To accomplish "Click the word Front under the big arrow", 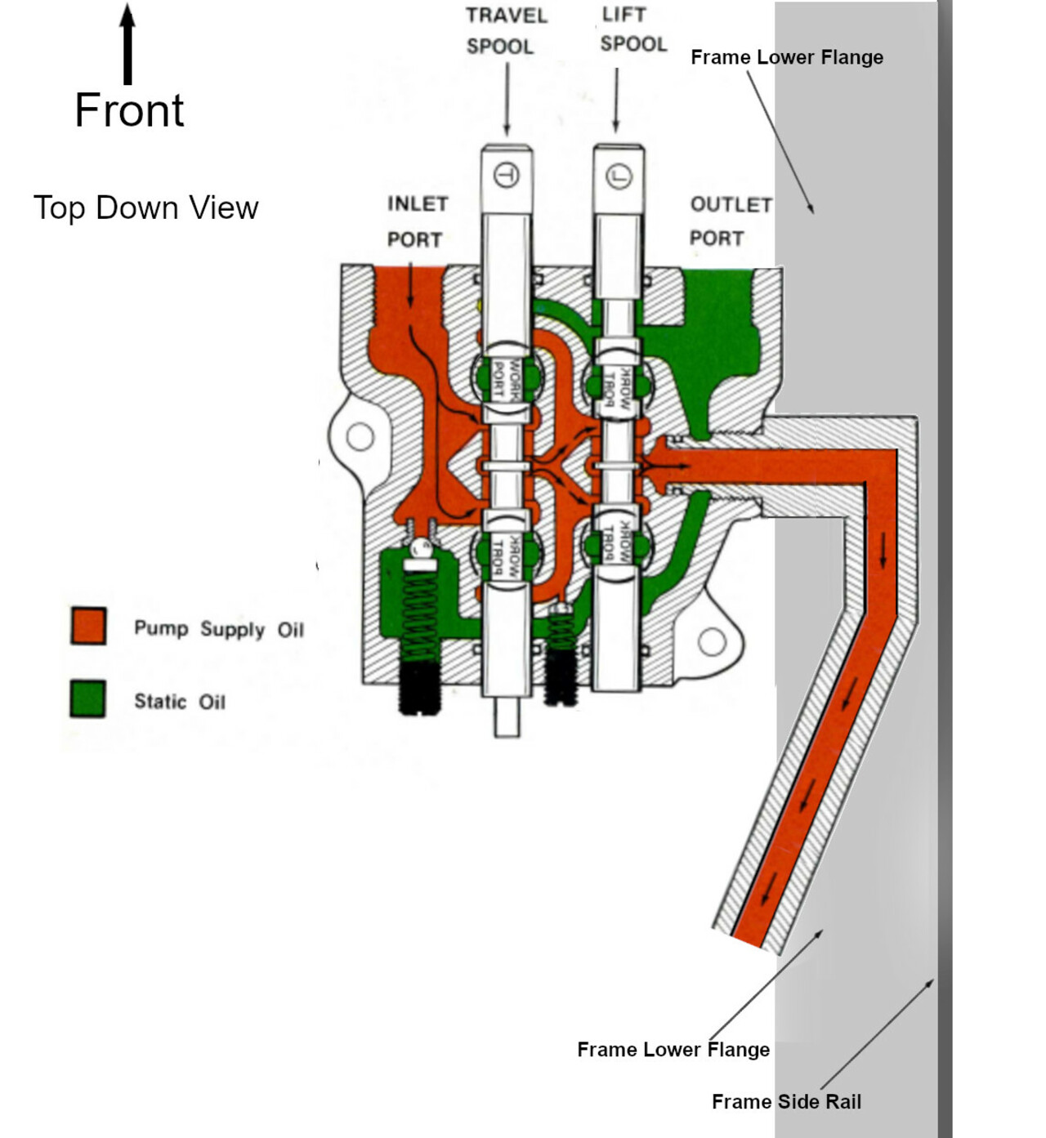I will [129, 110].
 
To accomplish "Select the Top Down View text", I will [145, 208].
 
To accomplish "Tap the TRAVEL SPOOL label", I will [505, 31].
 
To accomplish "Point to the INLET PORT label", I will [416, 221].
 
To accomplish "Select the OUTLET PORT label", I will [729, 221].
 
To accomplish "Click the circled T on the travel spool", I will [507, 175].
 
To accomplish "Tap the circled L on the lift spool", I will [619, 176].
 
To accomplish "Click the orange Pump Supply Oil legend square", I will [88, 627].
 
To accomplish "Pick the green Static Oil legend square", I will [87, 699].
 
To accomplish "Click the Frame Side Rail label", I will [786, 1101].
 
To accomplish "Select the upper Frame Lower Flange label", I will [786, 57].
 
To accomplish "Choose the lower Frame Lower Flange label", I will [673, 1049].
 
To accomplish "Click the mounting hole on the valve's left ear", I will [360, 437].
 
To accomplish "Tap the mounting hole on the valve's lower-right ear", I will [712, 642].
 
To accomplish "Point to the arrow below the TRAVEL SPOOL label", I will [507, 98].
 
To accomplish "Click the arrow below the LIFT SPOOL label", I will [616, 98].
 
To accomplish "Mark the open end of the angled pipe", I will [747, 939].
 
